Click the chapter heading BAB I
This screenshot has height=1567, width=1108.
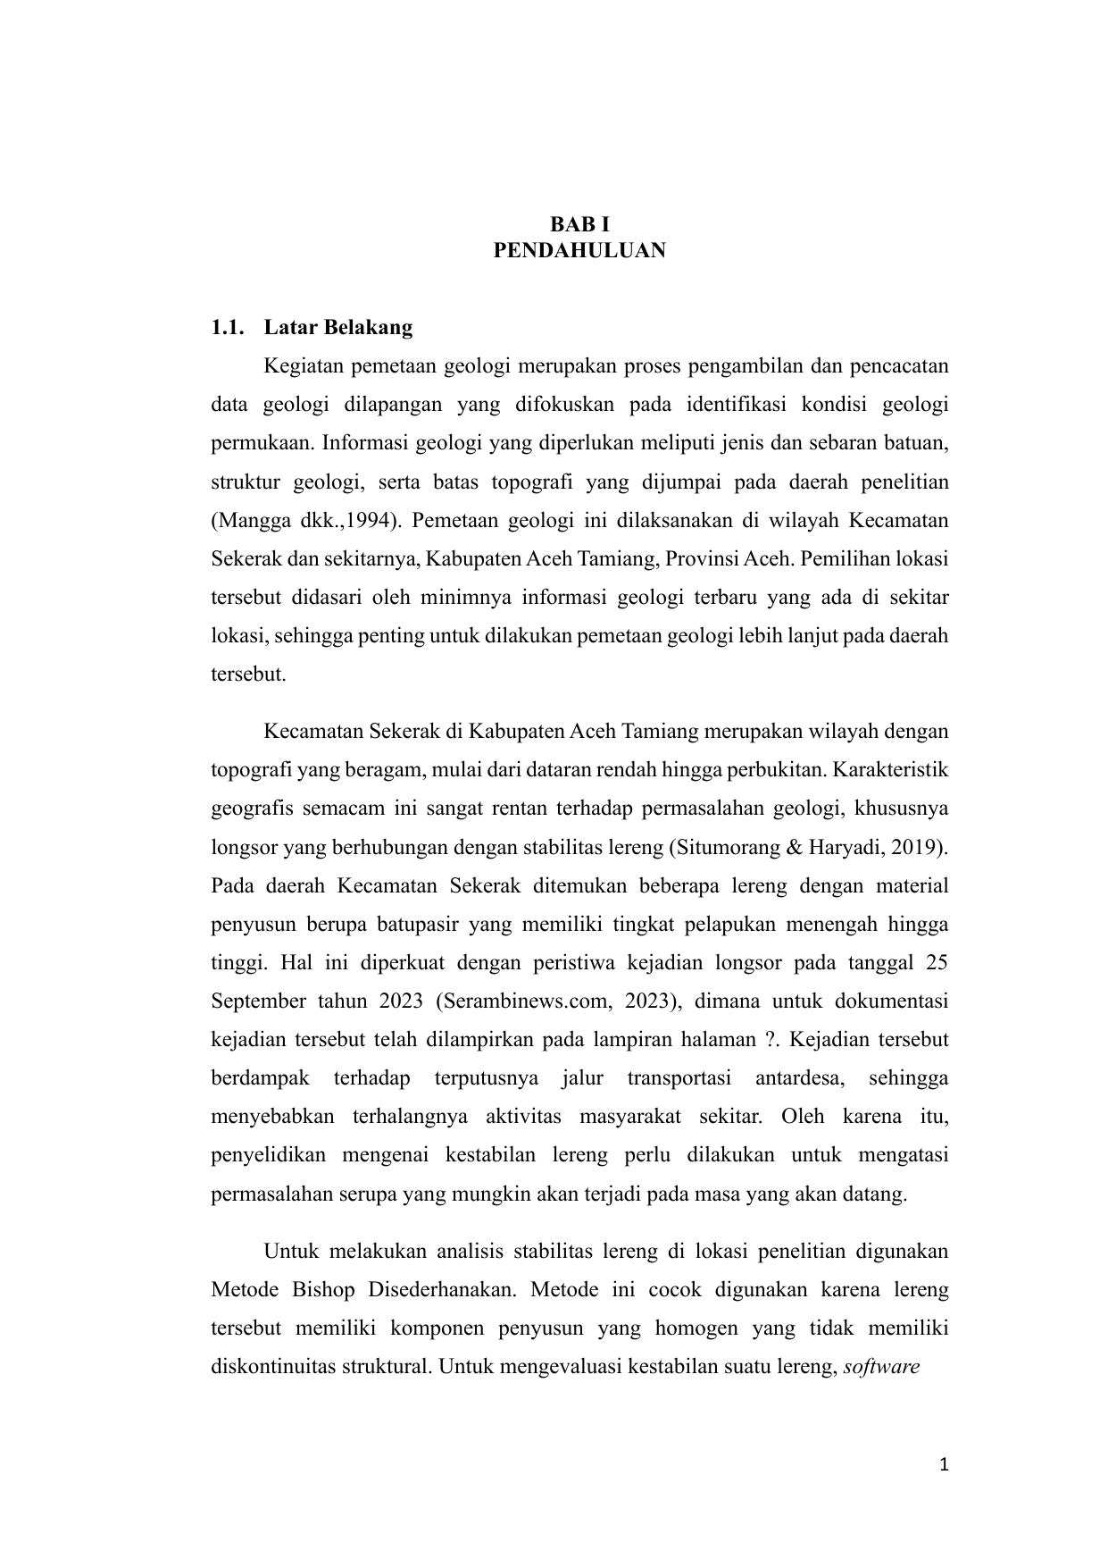coord(579,223)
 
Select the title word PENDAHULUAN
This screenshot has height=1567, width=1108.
coord(579,250)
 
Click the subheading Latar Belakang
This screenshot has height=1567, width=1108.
coord(338,328)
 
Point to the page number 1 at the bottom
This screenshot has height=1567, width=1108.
coord(944,1465)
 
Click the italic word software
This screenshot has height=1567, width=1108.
coord(881,1367)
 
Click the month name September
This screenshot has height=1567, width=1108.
coord(256,1001)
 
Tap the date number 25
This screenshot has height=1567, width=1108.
coord(937,962)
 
